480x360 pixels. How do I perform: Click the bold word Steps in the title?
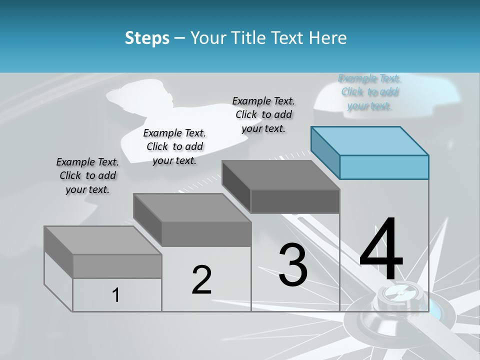(146, 38)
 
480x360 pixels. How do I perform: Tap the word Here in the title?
(328, 38)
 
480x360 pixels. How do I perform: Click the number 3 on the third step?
(293, 265)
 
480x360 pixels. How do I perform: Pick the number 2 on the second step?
(201, 280)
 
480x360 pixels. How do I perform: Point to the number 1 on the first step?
(116, 295)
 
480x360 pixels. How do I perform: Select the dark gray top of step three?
(280, 175)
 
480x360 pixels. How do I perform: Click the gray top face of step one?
(102, 240)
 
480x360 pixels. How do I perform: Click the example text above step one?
(87, 175)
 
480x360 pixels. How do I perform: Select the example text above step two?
(174, 146)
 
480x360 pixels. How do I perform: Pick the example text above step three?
(263, 114)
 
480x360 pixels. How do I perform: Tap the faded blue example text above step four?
(369, 92)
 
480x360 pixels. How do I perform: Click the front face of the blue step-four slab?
(384, 167)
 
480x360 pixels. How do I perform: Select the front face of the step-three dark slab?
(295, 201)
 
